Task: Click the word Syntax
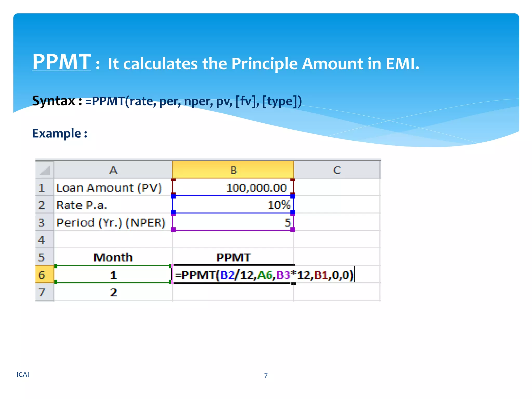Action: [54, 101]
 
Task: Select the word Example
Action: [57, 134]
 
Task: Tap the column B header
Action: [233, 170]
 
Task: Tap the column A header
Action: [113, 170]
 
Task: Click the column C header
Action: [337, 170]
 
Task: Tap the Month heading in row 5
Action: [113, 257]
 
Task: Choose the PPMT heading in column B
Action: [233, 257]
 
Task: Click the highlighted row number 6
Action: [42, 275]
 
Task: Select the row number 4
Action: [42, 240]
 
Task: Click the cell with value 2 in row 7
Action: [114, 292]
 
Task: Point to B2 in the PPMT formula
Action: [227, 275]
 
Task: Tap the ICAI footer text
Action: [23, 375]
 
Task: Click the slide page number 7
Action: [266, 375]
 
